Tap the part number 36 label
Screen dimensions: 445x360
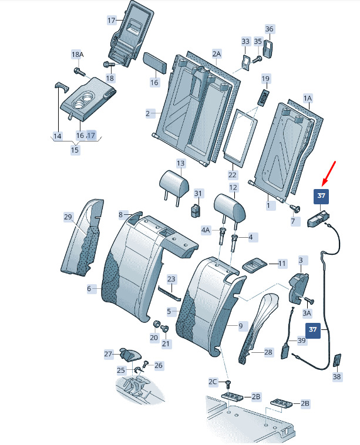pyautogui.click(x=270, y=29)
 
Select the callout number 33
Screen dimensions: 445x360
pyautogui.click(x=245, y=41)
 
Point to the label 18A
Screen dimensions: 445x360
pyautogui.click(x=78, y=55)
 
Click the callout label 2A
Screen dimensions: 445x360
pyautogui.click(x=217, y=54)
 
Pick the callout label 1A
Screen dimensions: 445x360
pyautogui.click(x=308, y=97)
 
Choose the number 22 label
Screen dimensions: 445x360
pyautogui.click(x=232, y=174)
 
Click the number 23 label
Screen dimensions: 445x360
pyautogui.click(x=171, y=279)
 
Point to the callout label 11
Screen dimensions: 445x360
pyautogui.click(x=282, y=264)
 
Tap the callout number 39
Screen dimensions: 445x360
pyautogui.click(x=301, y=341)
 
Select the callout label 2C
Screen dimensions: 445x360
pyautogui.click(x=213, y=382)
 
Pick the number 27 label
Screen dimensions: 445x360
pyautogui.click(x=108, y=354)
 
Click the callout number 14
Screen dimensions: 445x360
pyautogui.click(x=57, y=136)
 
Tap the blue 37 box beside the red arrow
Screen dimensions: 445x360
pyautogui.click(x=321, y=197)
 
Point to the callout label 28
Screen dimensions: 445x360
pyautogui.click(x=268, y=352)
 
